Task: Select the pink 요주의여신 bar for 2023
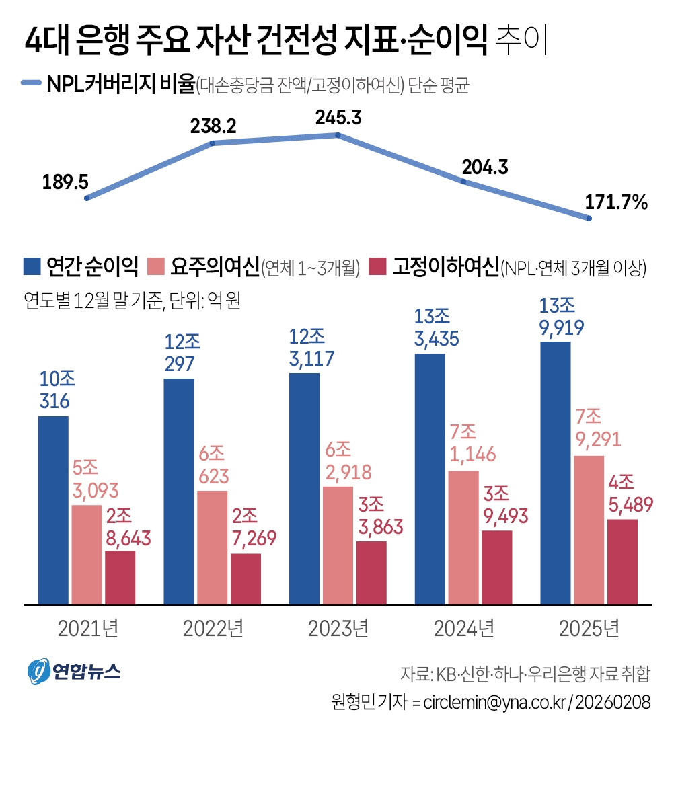coord(338,545)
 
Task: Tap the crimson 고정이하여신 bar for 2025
coord(622,561)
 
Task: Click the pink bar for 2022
coord(212,547)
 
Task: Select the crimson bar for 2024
coord(497,567)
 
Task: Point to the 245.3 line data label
coord(338,118)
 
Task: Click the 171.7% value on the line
coord(616,202)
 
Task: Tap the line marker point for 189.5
coord(87,198)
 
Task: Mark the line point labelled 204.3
coord(463,182)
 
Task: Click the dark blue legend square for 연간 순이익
coord(32,266)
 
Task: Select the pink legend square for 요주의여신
coord(156,266)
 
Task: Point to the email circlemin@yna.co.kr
coord(495,702)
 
